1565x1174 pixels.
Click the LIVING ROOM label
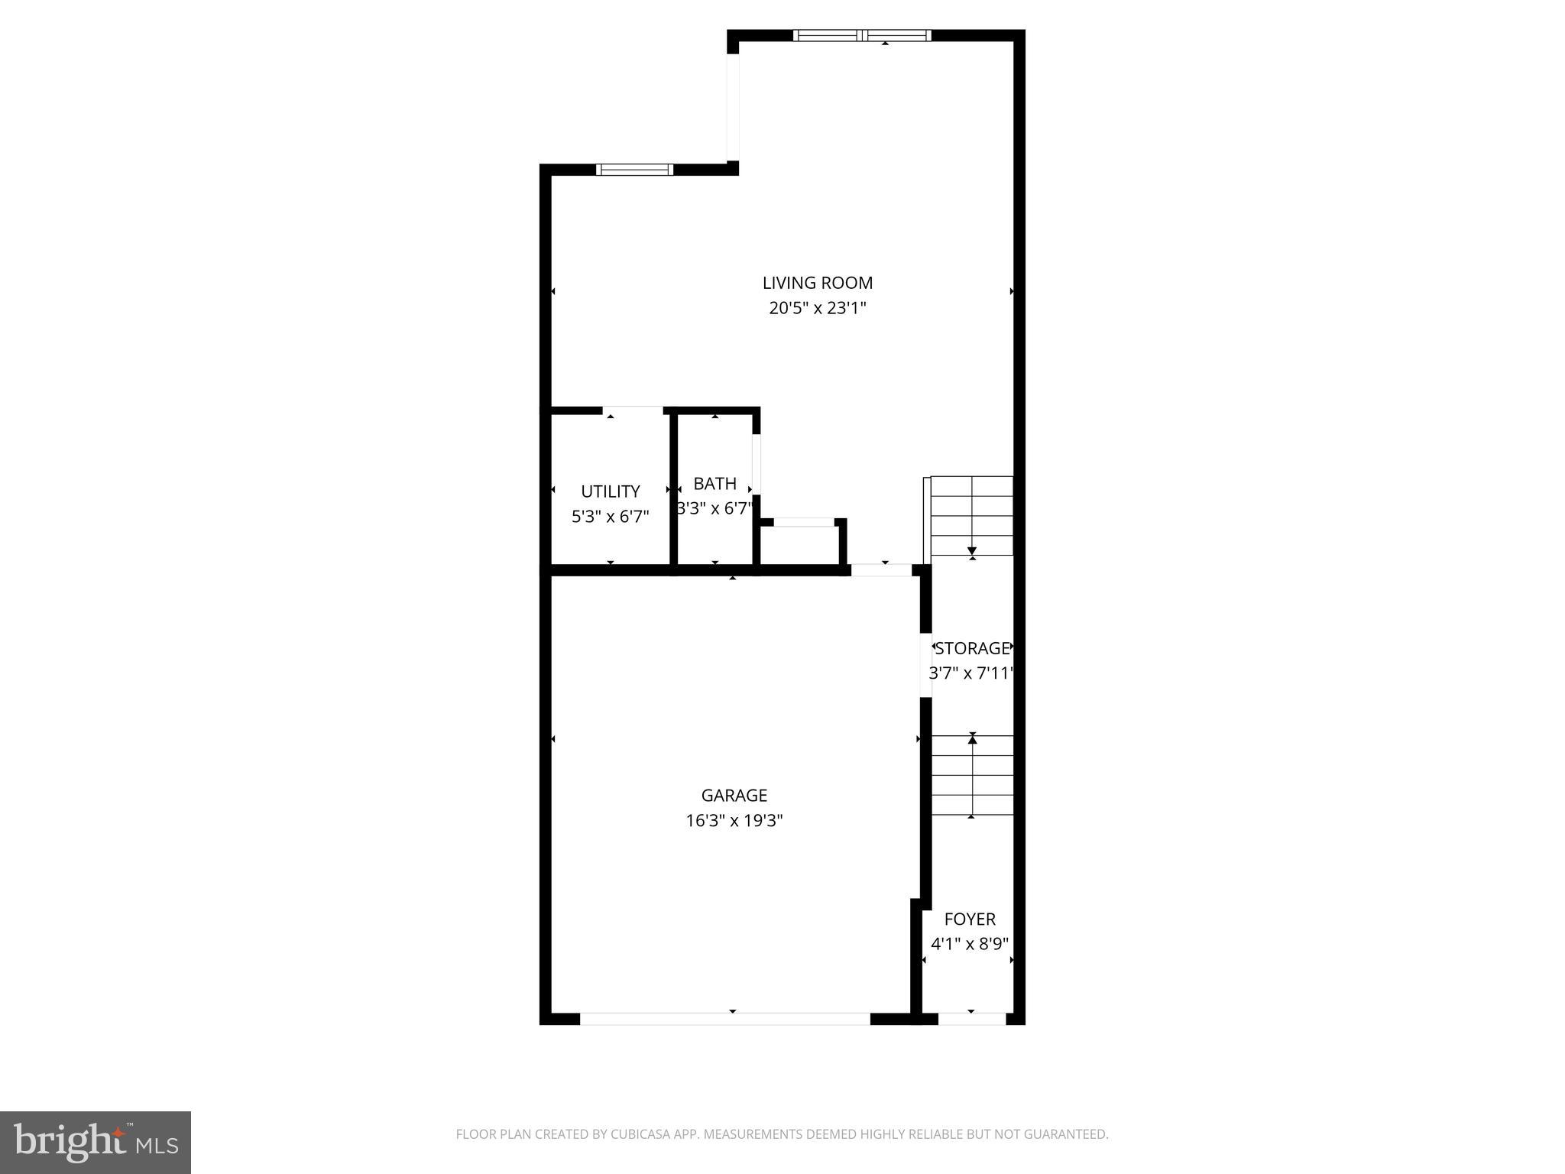817,283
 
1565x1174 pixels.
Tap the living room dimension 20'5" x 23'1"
817,308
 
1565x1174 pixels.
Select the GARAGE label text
734,796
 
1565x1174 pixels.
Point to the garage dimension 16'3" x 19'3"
734,821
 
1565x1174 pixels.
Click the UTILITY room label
610,491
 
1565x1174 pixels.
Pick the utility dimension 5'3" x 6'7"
610,517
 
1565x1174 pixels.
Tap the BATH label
714,484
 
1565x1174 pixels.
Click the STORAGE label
972,648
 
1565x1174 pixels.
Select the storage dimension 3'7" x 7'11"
970,673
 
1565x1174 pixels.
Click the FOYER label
970,919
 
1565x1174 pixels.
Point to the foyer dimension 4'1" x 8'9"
970,944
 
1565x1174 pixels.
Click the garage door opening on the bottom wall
724,1018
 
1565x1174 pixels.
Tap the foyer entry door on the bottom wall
971,1018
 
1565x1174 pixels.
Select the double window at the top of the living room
862,35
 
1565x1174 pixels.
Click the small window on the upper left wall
634,170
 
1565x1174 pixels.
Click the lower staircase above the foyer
972,776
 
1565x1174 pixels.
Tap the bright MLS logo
96,1142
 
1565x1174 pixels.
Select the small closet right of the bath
802,545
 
